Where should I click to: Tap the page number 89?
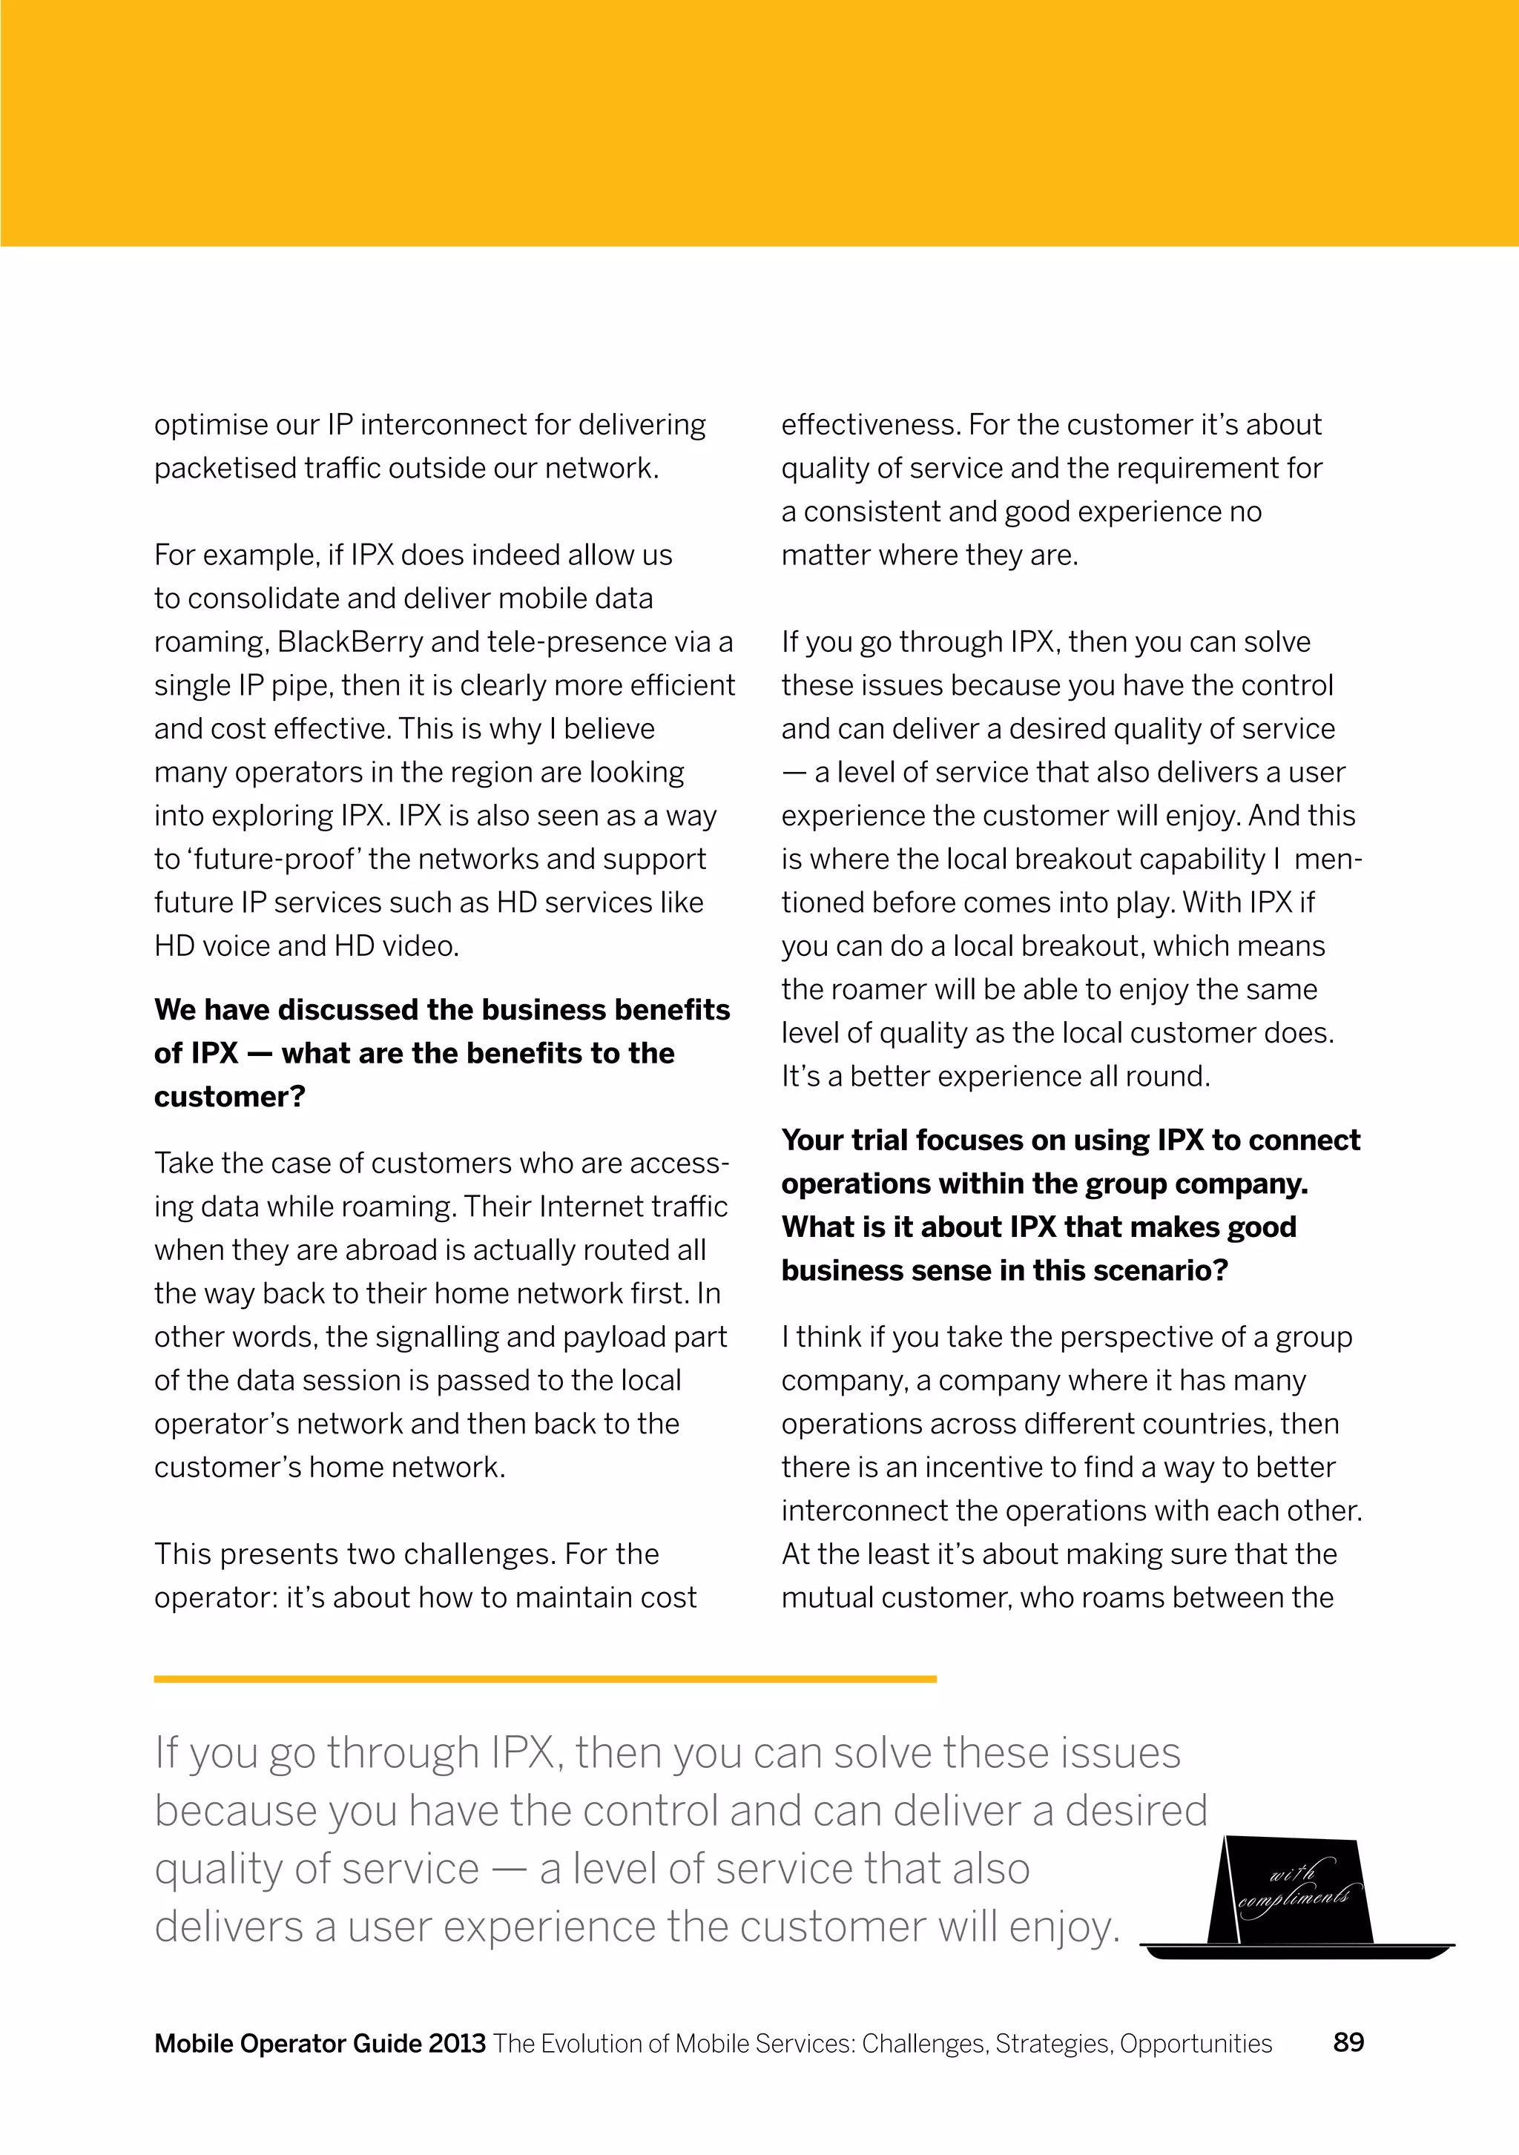pos(1348,2042)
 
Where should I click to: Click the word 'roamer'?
pos(866,989)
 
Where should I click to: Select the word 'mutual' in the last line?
pos(827,1597)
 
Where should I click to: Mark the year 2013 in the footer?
pos(457,2043)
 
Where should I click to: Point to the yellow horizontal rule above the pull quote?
pos(544,1679)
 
